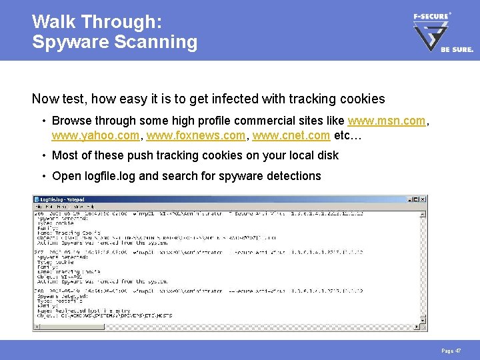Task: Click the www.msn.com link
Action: click(386, 121)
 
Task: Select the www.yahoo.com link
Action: click(95, 135)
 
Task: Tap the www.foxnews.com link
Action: click(195, 135)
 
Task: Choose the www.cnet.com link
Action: click(291, 135)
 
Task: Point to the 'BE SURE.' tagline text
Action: click(457, 49)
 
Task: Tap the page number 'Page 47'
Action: click(451, 350)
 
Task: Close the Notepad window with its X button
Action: click(423, 199)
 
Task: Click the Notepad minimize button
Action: click(407, 199)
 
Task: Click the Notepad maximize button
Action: click(415, 199)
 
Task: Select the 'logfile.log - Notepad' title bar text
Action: click(63, 199)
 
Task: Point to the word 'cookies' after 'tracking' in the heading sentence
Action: click(360, 99)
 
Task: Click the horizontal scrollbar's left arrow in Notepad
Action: click(37, 327)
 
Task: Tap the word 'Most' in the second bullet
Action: click(65, 155)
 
